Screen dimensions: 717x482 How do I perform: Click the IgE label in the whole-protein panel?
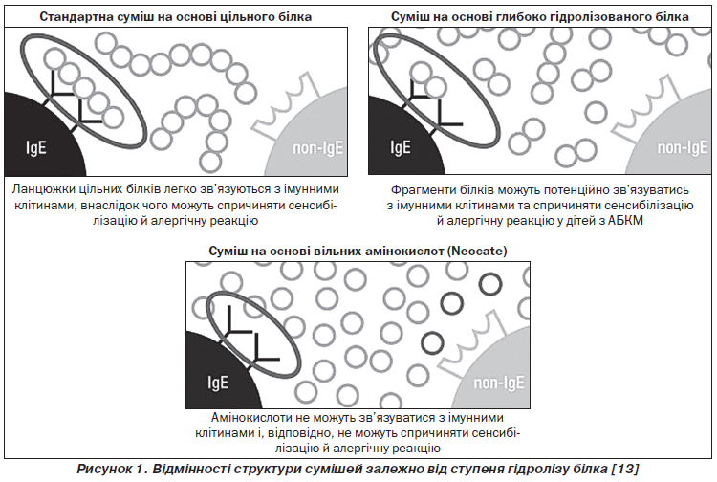36,147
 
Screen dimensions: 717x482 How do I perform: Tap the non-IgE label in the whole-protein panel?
317,147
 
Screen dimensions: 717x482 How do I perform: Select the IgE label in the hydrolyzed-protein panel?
401,147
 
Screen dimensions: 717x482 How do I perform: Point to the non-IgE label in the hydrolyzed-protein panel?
682,147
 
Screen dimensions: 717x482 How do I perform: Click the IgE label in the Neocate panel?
218,383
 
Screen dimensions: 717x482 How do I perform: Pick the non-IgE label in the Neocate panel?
498,383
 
